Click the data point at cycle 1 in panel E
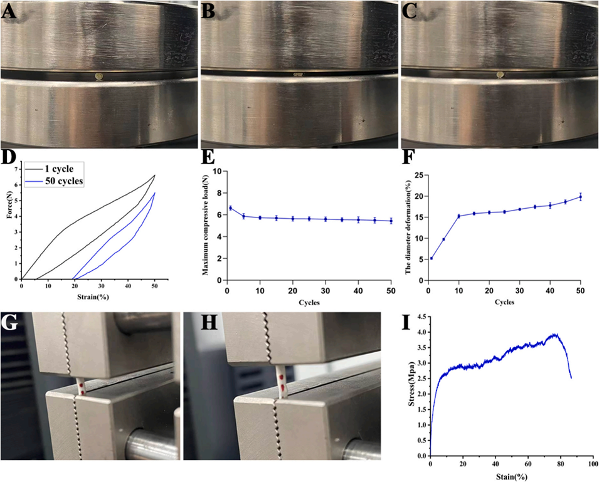point(230,207)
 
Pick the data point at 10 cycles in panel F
point(459,216)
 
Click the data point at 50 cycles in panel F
point(580,197)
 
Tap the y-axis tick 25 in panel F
point(416,171)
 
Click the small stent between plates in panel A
point(98,76)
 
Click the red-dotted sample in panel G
point(80,386)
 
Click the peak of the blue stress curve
point(553,334)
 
